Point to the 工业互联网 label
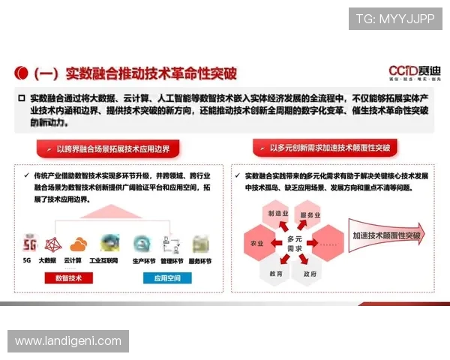pos(103,261)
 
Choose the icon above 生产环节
pos(142,244)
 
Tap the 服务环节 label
pos(199,261)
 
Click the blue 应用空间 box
pos(166,277)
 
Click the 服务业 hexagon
pos(310,215)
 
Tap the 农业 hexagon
pos(257,243)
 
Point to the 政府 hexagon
pos(309,273)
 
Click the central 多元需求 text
pos(294,243)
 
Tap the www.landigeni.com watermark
pos(67,341)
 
